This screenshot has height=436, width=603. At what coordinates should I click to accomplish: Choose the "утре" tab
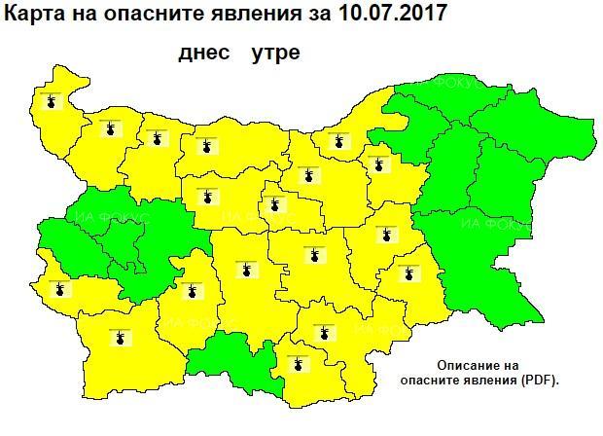[275, 53]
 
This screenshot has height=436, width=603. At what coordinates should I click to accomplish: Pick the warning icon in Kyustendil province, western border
[61, 288]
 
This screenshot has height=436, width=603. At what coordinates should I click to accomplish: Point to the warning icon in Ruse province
[339, 141]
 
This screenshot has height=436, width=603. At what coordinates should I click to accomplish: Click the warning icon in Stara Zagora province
[314, 256]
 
